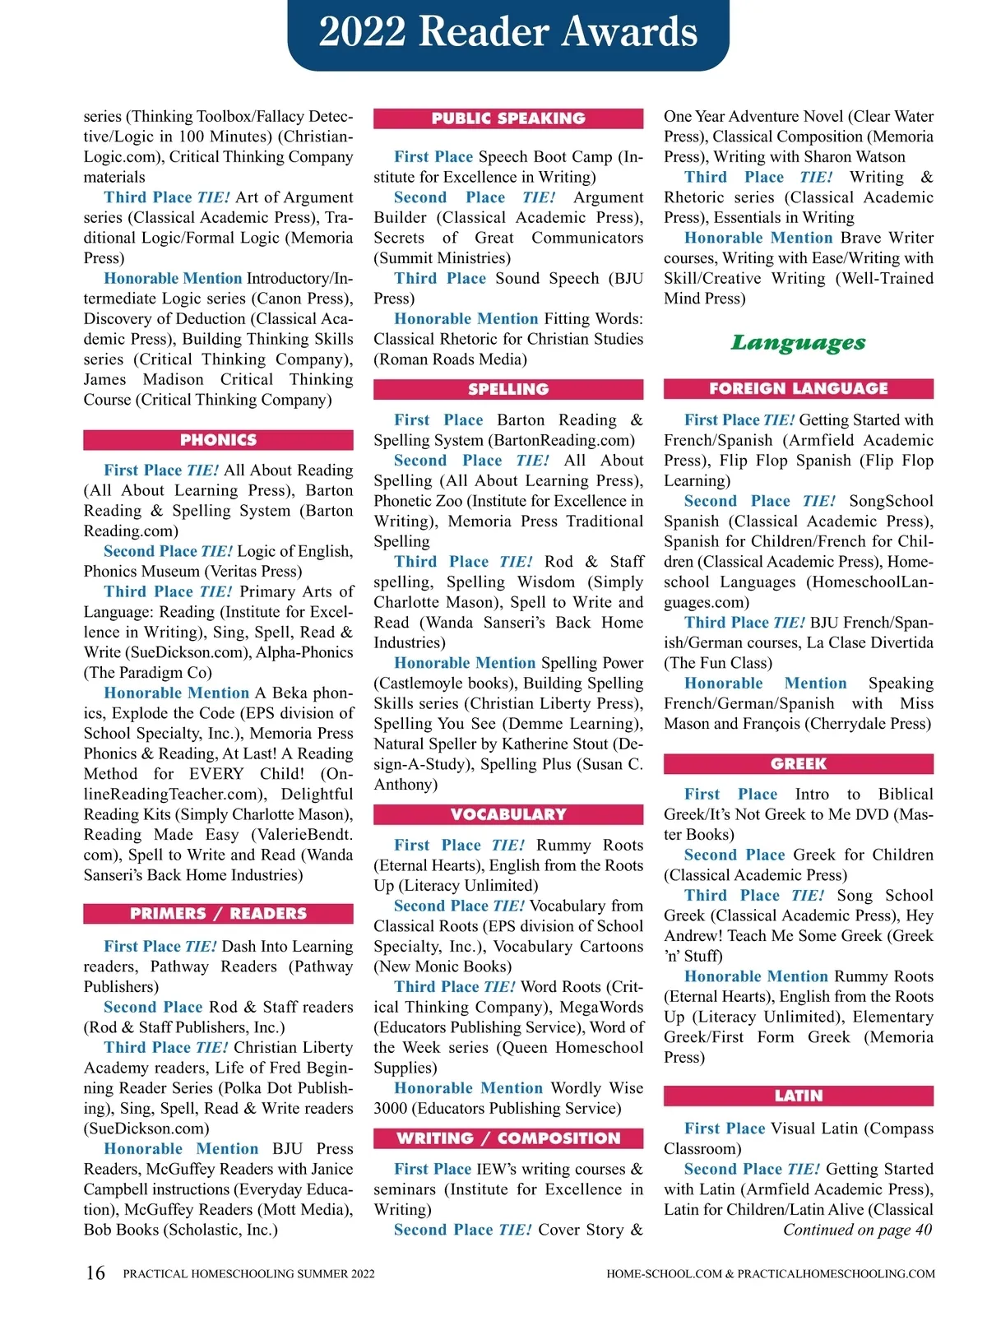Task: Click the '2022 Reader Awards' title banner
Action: pos(508,33)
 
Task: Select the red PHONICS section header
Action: pos(218,440)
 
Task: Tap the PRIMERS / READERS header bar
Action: pos(218,914)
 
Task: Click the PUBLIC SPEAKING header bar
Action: pos(508,118)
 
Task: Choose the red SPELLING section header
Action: pos(508,389)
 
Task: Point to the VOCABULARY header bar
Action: pos(508,814)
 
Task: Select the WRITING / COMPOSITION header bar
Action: pos(508,1138)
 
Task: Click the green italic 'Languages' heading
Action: pos(798,342)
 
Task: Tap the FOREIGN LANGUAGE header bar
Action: pos(798,388)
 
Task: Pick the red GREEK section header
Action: pos(798,764)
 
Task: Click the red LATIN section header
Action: pos(798,1096)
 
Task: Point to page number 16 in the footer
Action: pos(95,1273)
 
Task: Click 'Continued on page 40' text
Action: pos(857,1230)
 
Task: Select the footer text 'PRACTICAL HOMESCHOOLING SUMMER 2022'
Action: pos(248,1274)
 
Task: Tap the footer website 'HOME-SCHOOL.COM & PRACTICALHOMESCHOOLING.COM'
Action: pos(770,1274)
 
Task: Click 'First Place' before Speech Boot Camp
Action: pos(433,157)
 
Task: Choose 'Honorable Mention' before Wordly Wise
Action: pos(468,1088)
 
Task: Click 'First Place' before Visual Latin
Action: pos(724,1129)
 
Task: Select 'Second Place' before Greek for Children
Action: pos(734,855)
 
